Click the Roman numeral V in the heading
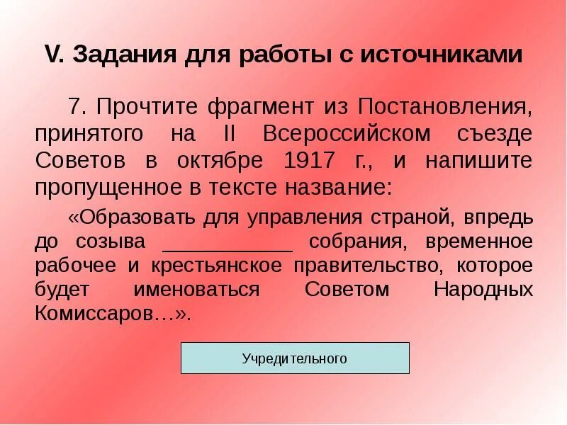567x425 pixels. (x=52, y=55)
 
